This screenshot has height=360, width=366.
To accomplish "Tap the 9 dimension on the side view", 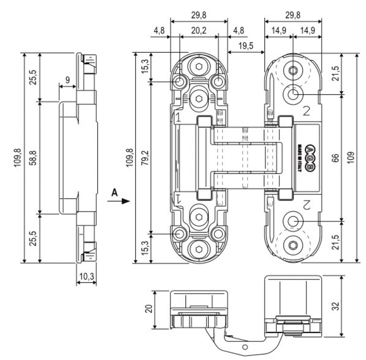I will [x=68, y=80].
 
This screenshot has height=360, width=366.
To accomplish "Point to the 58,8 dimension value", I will [x=34, y=157].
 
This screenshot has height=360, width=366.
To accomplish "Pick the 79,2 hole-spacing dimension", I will [x=145, y=157].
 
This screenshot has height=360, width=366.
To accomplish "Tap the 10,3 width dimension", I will [x=87, y=277].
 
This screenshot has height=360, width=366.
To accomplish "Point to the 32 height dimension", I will [x=335, y=306].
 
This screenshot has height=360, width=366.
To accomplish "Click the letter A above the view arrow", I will [x=114, y=192].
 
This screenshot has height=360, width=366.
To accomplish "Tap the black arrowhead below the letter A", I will [x=126, y=201].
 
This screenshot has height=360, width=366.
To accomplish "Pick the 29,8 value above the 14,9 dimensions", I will [x=293, y=15].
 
